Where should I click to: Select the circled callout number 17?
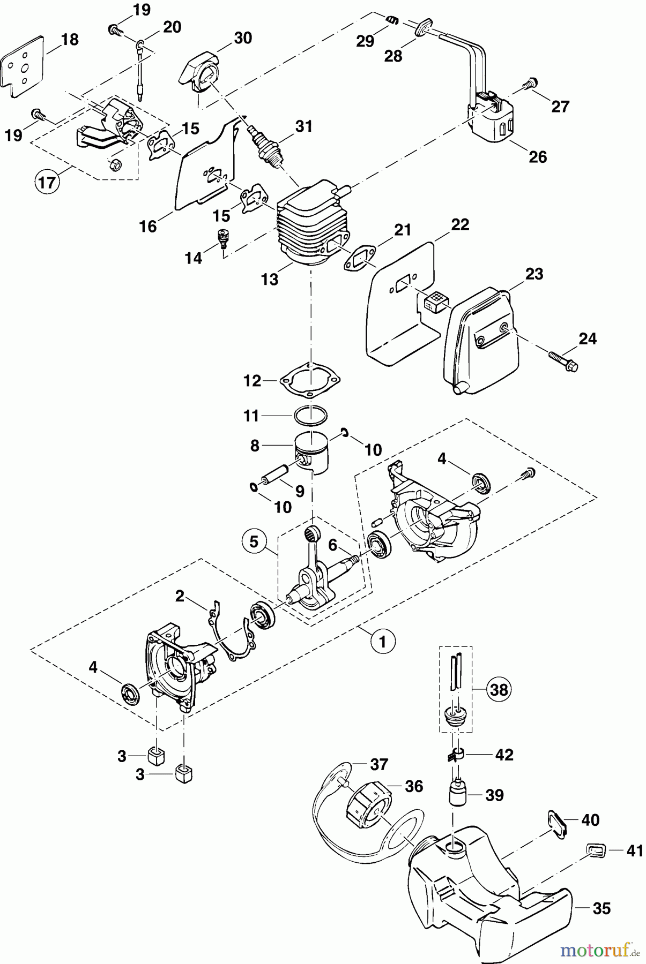click(47, 183)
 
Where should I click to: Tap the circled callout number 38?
click(499, 689)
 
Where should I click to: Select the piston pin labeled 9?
click(274, 473)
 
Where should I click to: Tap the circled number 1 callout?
click(383, 641)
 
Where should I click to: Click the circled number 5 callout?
click(254, 542)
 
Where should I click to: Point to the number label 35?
click(602, 908)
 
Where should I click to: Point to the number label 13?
click(270, 279)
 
